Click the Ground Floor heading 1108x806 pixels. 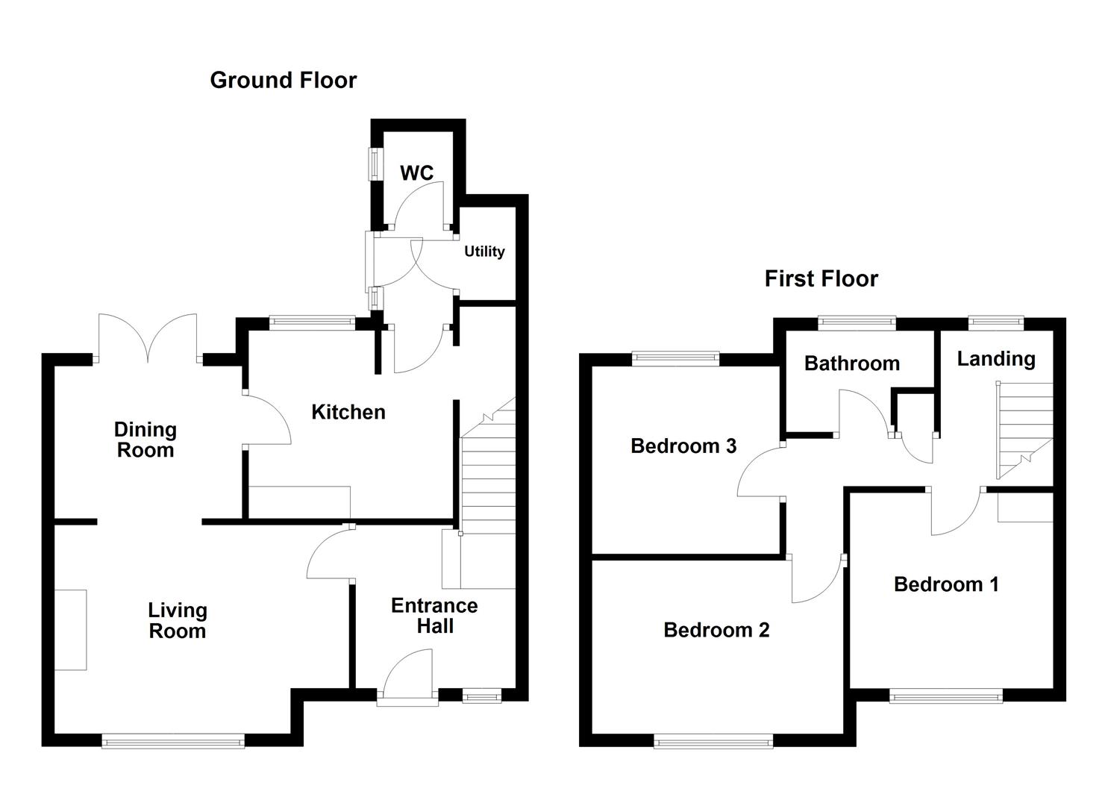pyautogui.click(x=283, y=80)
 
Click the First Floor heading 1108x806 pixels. pyautogui.click(x=821, y=278)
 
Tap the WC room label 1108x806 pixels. pyautogui.click(x=416, y=172)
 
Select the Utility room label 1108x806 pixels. pyautogui.click(x=484, y=252)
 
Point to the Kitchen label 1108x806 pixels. pyautogui.click(x=348, y=412)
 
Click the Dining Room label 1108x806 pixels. pyautogui.click(x=145, y=440)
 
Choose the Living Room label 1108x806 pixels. pyautogui.click(x=178, y=620)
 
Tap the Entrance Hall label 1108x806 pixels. pyautogui.click(x=434, y=616)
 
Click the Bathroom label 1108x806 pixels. pyautogui.click(x=852, y=363)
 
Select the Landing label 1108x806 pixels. pyautogui.click(x=996, y=359)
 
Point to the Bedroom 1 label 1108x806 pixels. pyautogui.click(x=946, y=584)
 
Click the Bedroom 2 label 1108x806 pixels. pyautogui.click(x=716, y=630)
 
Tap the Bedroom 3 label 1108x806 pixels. pyautogui.click(x=683, y=446)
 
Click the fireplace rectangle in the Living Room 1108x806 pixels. pyautogui.click(x=70, y=630)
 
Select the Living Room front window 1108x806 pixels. pyautogui.click(x=173, y=741)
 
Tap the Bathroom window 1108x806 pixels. pyautogui.click(x=857, y=324)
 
